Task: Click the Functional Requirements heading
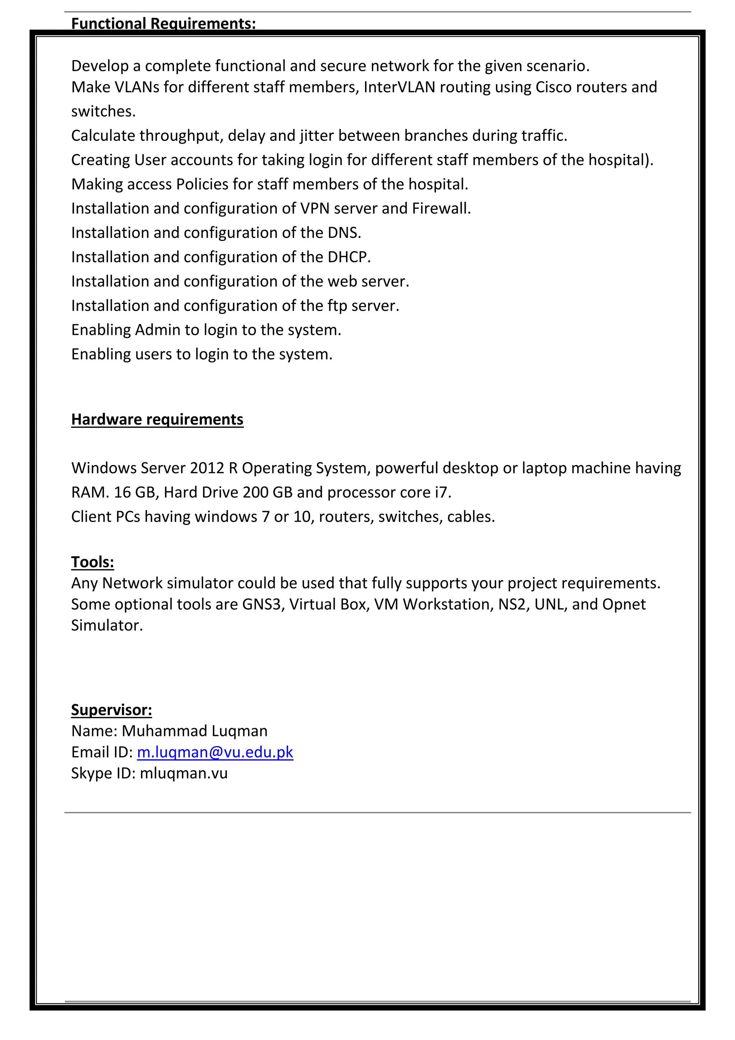pyautogui.click(x=163, y=24)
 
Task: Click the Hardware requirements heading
pyautogui.click(x=157, y=420)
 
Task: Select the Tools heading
pyautogui.click(x=92, y=562)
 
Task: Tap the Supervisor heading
pyautogui.click(x=111, y=709)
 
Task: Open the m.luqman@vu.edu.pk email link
pyautogui.click(x=215, y=752)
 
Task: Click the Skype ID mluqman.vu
pyautogui.click(x=183, y=773)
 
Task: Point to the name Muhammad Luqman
pyautogui.click(x=195, y=731)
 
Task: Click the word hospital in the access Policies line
pyautogui.click(x=437, y=184)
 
